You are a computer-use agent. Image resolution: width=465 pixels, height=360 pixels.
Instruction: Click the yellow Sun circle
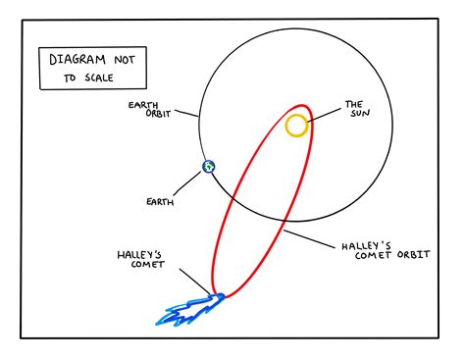(296, 115)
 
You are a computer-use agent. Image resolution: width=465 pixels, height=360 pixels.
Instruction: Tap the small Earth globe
(209, 167)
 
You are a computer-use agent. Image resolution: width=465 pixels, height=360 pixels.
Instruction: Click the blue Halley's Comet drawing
(189, 311)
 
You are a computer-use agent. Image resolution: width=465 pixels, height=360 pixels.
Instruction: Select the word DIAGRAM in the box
(77, 60)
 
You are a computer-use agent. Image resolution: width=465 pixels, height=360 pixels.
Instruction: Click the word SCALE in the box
(99, 77)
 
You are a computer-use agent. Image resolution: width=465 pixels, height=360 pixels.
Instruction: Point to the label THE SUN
(358, 109)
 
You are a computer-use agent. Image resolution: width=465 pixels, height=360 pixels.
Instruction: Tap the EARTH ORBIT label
(149, 110)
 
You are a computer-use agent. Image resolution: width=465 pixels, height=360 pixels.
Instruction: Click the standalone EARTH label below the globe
(160, 202)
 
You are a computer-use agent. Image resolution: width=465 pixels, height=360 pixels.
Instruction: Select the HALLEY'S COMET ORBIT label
(386, 251)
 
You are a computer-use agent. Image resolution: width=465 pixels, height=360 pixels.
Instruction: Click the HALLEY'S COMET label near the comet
(141, 260)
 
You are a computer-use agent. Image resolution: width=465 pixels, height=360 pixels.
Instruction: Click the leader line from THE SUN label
(324, 115)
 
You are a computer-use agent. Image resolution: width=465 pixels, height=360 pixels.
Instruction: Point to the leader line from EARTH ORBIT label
(186, 113)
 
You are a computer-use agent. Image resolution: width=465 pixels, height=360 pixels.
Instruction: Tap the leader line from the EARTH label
(187, 183)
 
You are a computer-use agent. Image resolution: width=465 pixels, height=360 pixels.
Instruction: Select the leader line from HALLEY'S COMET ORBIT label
(309, 239)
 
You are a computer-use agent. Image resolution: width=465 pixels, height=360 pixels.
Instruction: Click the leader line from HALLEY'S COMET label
(195, 282)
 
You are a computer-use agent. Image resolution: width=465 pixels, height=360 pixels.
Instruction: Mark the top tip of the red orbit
(302, 105)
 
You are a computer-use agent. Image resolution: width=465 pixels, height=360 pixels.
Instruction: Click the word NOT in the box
(125, 60)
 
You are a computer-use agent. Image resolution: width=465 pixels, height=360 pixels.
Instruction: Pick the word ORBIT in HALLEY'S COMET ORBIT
(413, 255)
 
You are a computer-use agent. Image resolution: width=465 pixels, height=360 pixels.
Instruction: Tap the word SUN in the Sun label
(360, 114)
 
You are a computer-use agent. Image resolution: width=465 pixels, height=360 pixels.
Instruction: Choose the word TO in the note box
(70, 78)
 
